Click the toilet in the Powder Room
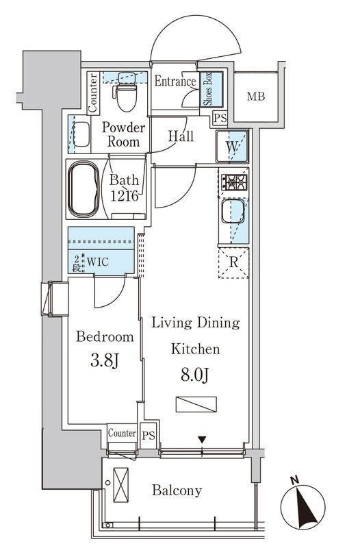point(126,92)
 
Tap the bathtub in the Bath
point(83,189)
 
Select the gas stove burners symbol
point(233,182)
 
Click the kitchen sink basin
point(233,211)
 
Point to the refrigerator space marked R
point(233,263)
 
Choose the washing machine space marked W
point(232,146)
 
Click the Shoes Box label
point(209,89)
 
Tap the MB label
point(256,96)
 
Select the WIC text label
point(98,262)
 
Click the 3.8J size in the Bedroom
point(105,361)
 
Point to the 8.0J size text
point(195,375)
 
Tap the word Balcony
point(177,490)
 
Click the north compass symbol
point(303,506)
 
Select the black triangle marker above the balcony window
point(202,439)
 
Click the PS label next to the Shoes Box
point(220,118)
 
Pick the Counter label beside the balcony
point(122,434)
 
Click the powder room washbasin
point(81,134)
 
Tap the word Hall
point(181,136)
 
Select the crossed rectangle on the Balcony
point(121,485)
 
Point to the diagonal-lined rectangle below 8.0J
point(196,404)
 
